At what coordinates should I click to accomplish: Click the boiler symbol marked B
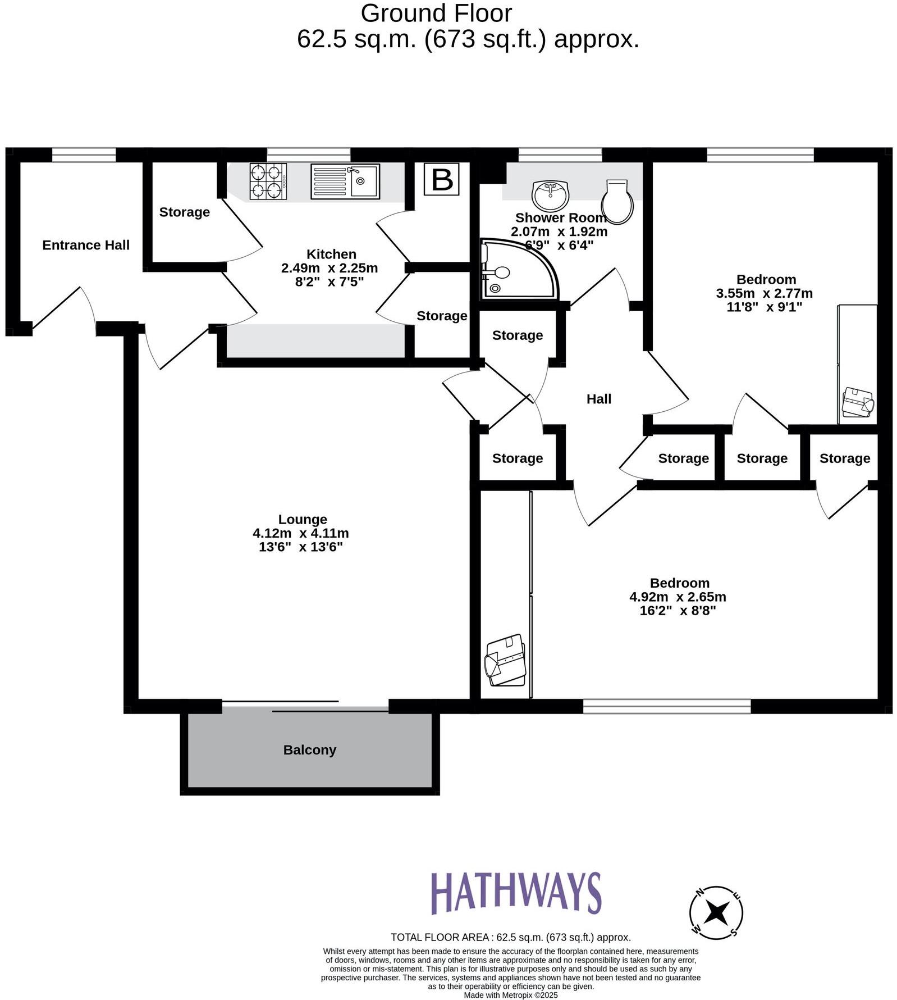tap(441, 180)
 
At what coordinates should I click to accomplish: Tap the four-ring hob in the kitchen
tap(268, 181)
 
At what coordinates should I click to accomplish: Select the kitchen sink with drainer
tap(345, 181)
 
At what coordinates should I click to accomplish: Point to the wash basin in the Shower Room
tap(550, 195)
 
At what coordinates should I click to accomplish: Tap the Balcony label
tap(309, 750)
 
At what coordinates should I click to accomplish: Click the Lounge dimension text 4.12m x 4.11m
tap(300, 533)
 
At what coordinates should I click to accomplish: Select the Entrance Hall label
tap(86, 245)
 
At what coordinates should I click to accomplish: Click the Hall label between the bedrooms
tap(598, 399)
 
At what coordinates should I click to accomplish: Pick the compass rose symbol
tap(716, 912)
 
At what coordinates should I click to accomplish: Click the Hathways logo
tap(515, 893)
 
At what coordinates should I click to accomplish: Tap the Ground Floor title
tap(436, 13)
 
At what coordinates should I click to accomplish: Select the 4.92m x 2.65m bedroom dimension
tap(678, 597)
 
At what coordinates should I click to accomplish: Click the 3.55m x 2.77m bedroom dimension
tap(764, 293)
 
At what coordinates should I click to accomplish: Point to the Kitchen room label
tap(331, 254)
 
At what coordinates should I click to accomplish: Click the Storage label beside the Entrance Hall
tap(184, 212)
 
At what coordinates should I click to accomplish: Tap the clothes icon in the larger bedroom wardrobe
tap(505, 660)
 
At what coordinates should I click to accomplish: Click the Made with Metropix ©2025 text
tap(510, 995)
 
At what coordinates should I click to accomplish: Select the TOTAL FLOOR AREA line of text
tap(510, 937)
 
